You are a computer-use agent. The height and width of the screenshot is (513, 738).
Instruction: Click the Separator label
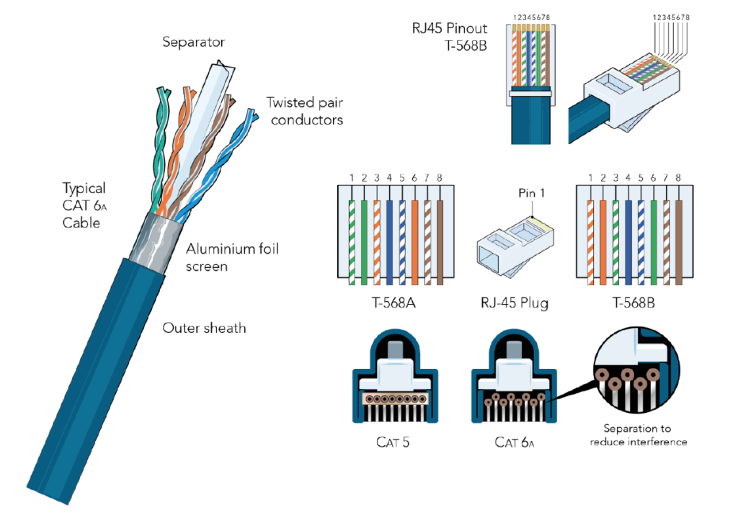[193, 43]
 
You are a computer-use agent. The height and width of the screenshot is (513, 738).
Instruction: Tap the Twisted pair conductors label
[304, 111]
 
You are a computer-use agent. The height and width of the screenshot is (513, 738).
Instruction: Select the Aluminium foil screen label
[232, 258]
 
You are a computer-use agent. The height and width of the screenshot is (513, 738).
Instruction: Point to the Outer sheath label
[204, 329]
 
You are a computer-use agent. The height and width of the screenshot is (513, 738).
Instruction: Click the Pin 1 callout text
[532, 193]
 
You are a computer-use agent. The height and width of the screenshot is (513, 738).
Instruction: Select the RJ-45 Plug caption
[512, 302]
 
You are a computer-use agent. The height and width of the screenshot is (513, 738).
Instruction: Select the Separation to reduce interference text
[639, 434]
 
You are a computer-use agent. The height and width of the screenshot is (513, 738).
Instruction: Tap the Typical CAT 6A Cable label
[84, 205]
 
